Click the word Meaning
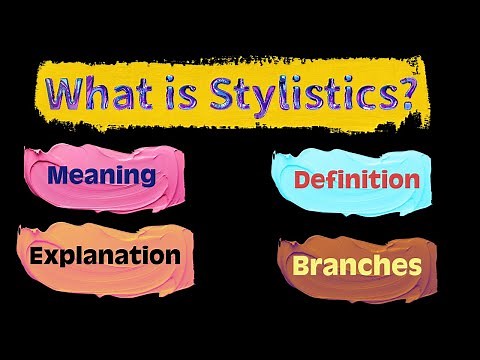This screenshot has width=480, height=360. tap(101, 177)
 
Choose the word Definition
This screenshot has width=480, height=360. tap(342, 181)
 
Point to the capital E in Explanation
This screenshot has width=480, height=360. tap(38, 253)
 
